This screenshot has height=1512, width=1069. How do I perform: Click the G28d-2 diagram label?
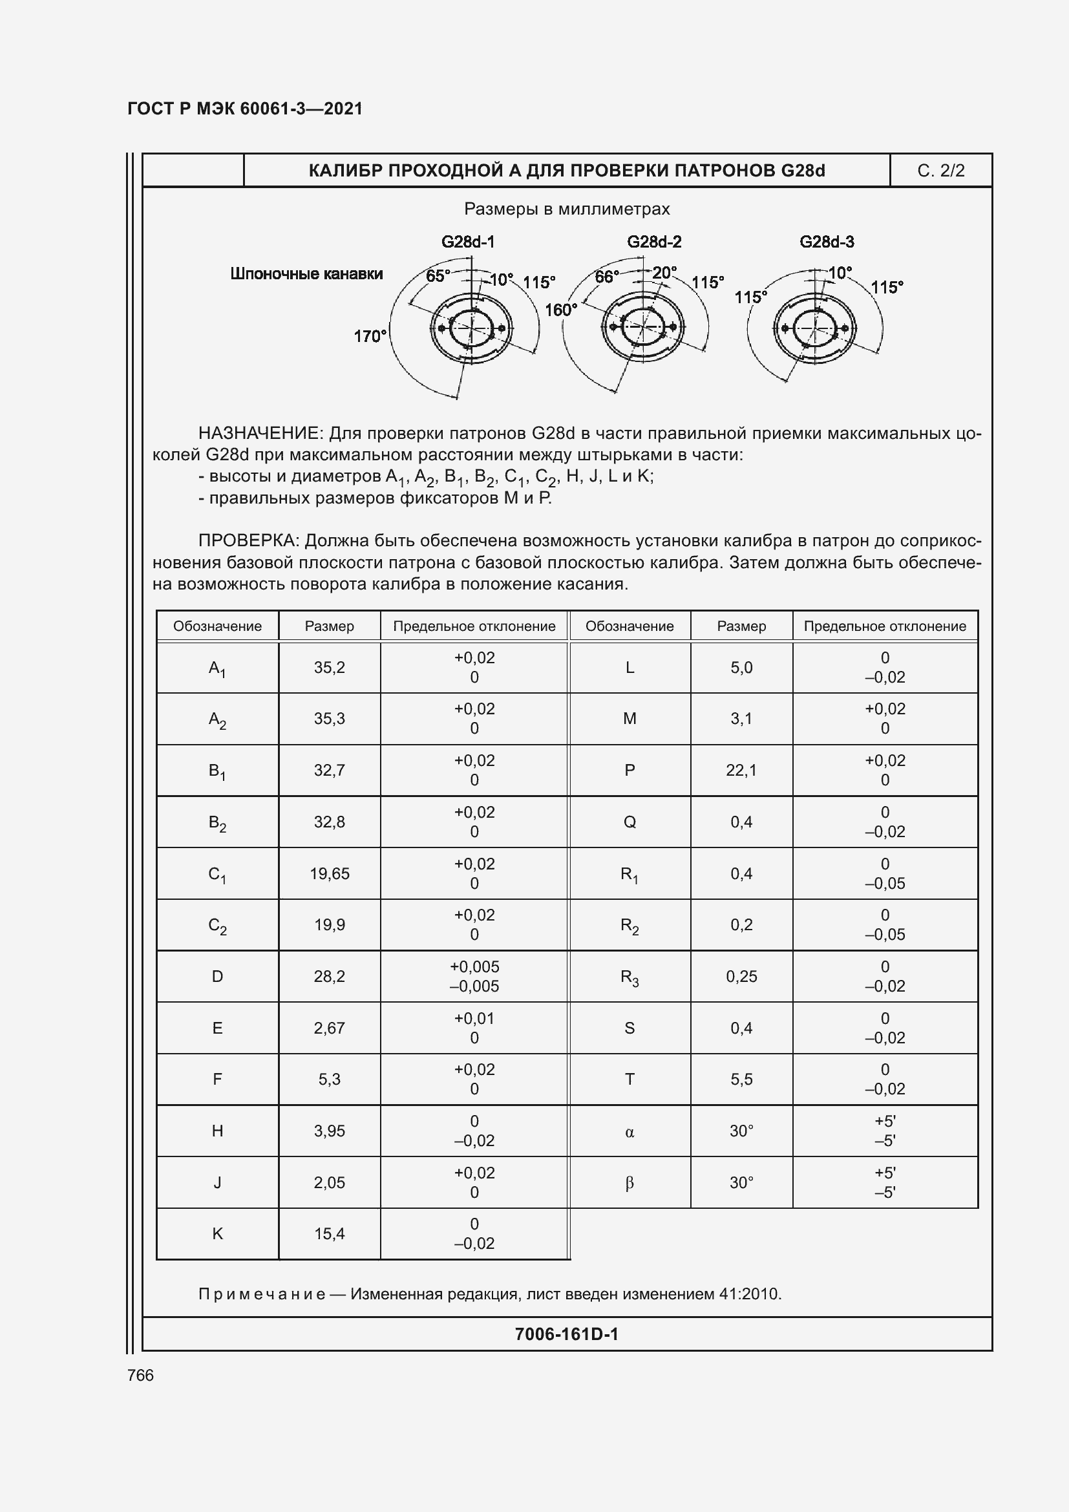click(x=653, y=242)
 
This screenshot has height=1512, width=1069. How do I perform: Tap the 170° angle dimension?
click(x=369, y=337)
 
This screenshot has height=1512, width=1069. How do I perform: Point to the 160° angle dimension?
click(x=560, y=310)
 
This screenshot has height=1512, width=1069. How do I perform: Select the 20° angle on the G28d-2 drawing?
click(x=664, y=273)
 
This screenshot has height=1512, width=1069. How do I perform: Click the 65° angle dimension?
click(x=438, y=276)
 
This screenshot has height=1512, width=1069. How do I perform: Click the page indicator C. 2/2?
click(x=940, y=171)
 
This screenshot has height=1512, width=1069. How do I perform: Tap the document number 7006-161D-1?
click(x=566, y=1334)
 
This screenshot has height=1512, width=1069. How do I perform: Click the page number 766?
click(x=140, y=1376)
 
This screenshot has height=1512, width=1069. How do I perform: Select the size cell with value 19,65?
click(x=329, y=874)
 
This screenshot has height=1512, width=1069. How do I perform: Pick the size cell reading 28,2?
click(x=329, y=977)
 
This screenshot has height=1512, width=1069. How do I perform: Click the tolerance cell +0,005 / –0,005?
click(x=474, y=977)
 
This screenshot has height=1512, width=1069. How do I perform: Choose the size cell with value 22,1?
click(x=741, y=771)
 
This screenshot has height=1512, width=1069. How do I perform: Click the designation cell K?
click(x=217, y=1234)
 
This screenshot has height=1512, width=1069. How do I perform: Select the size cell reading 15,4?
click(x=329, y=1234)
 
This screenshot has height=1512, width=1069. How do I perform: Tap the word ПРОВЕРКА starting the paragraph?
click(x=249, y=541)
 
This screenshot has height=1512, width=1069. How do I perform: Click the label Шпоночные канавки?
click(x=306, y=274)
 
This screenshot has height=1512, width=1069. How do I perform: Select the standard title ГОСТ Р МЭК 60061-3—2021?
click(x=245, y=109)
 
